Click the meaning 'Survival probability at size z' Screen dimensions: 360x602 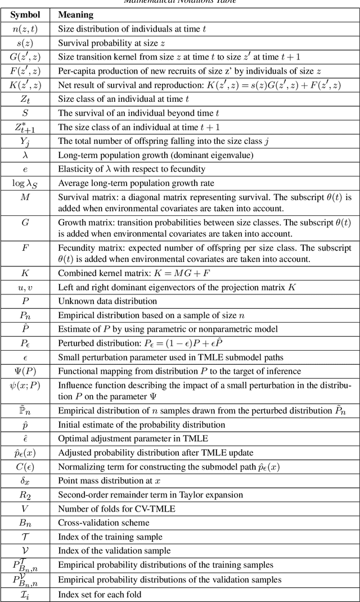tap(110, 43)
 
